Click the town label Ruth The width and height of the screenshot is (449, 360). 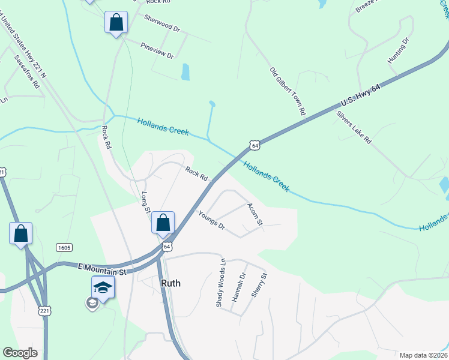click(x=171, y=283)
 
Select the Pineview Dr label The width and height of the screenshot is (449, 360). click(x=157, y=50)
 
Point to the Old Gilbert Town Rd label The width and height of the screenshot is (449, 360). click(x=288, y=91)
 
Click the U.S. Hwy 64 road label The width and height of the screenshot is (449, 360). click(x=361, y=95)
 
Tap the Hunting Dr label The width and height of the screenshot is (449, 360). click(x=399, y=50)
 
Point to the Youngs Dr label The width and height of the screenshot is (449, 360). click(x=211, y=221)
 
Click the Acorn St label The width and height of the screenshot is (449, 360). click(x=255, y=214)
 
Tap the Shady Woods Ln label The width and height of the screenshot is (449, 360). click(x=221, y=283)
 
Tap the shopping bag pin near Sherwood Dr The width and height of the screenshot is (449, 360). click(x=116, y=23)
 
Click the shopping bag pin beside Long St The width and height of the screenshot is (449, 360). click(x=163, y=223)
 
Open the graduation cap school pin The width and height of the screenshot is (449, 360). click(x=103, y=288)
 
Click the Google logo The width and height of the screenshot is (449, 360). click(x=20, y=353)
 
